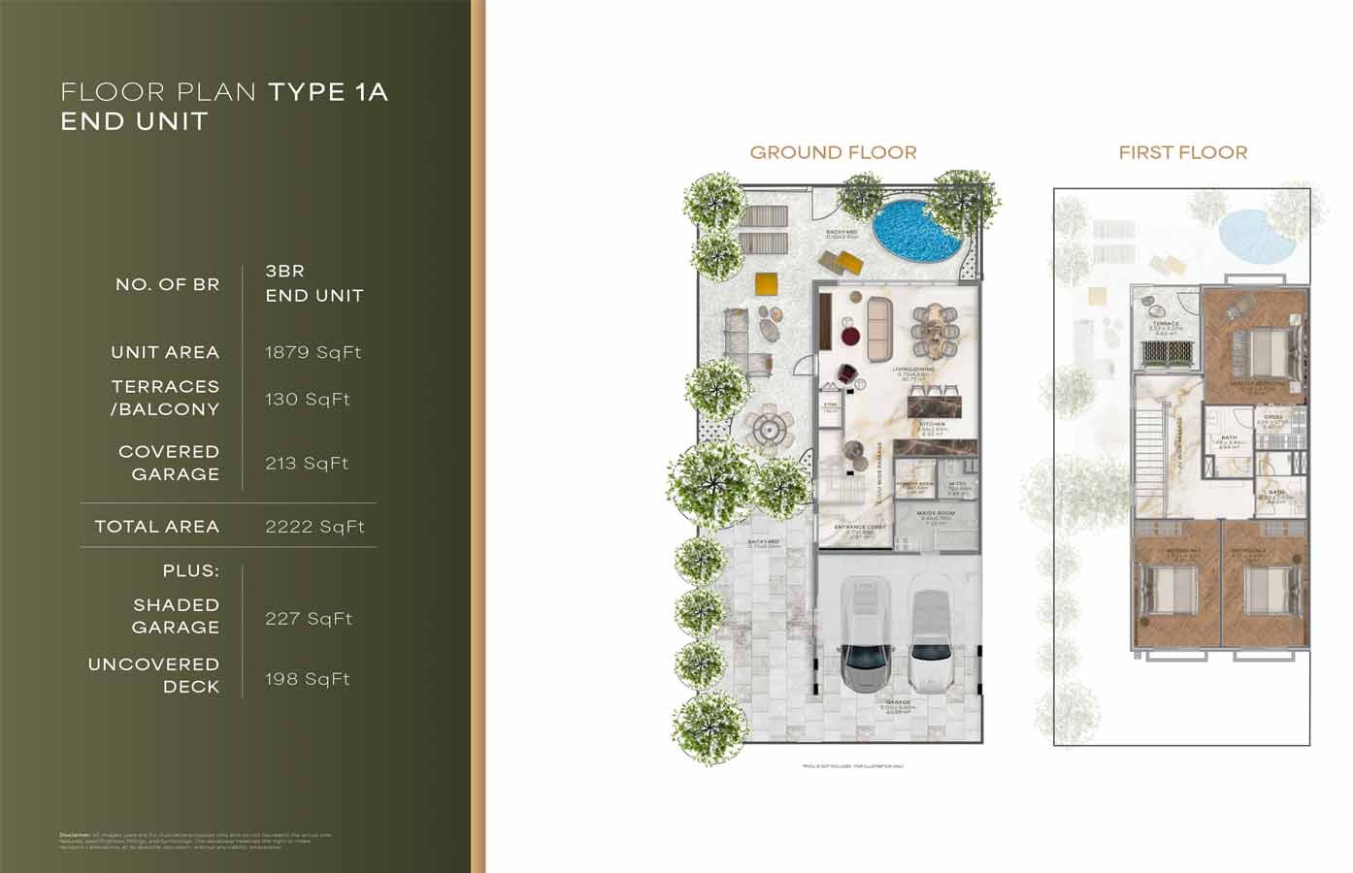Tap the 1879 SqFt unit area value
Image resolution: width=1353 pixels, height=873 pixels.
click(x=313, y=352)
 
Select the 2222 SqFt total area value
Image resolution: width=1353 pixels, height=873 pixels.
click(x=314, y=527)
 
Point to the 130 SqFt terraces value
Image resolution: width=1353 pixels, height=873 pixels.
click(x=307, y=399)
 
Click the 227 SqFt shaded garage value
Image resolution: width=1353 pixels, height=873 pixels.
click(x=309, y=619)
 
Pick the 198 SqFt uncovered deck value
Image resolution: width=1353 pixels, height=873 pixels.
click(x=307, y=679)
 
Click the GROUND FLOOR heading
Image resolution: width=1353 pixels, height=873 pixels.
click(x=833, y=152)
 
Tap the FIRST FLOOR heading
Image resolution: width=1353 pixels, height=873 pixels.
click(x=1182, y=152)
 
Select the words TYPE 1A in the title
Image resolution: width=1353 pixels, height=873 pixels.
click(x=328, y=92)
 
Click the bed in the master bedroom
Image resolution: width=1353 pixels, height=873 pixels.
click(x=1258, y=351)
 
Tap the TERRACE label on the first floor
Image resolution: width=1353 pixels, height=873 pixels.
click(x=1166, y=324)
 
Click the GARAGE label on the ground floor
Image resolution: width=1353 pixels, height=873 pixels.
click(x=898, y=701)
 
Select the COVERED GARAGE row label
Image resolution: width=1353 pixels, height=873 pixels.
click(x=169, y=463)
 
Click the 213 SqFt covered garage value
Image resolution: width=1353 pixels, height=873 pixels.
click(x=307, y=464)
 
